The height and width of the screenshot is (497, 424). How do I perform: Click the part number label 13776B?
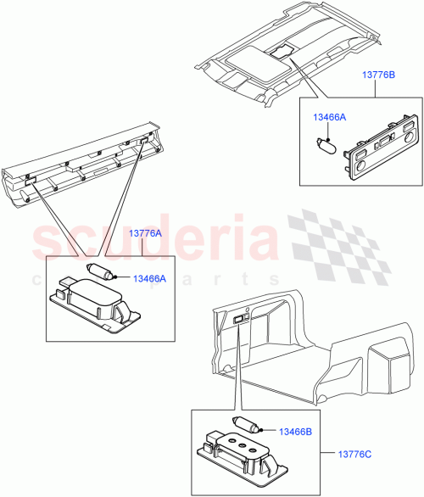(x=381, y=75)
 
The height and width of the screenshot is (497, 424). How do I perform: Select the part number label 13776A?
(x=146, y=232)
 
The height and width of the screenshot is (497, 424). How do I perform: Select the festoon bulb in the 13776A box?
(x=101, y=272)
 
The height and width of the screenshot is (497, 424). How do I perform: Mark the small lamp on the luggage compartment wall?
(x=240, y=320)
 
